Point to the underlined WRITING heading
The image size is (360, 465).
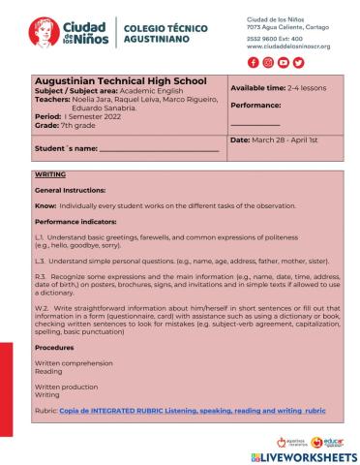point(49,174)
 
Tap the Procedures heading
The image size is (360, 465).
point(54,346)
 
